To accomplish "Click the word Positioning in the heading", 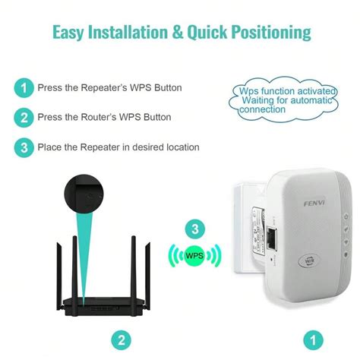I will pyautogui.click(x=269, y=32).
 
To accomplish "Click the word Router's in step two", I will pyautogui.click(x=112, y=117).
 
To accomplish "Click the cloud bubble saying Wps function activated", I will pyautogui.click(x=280, y=100).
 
